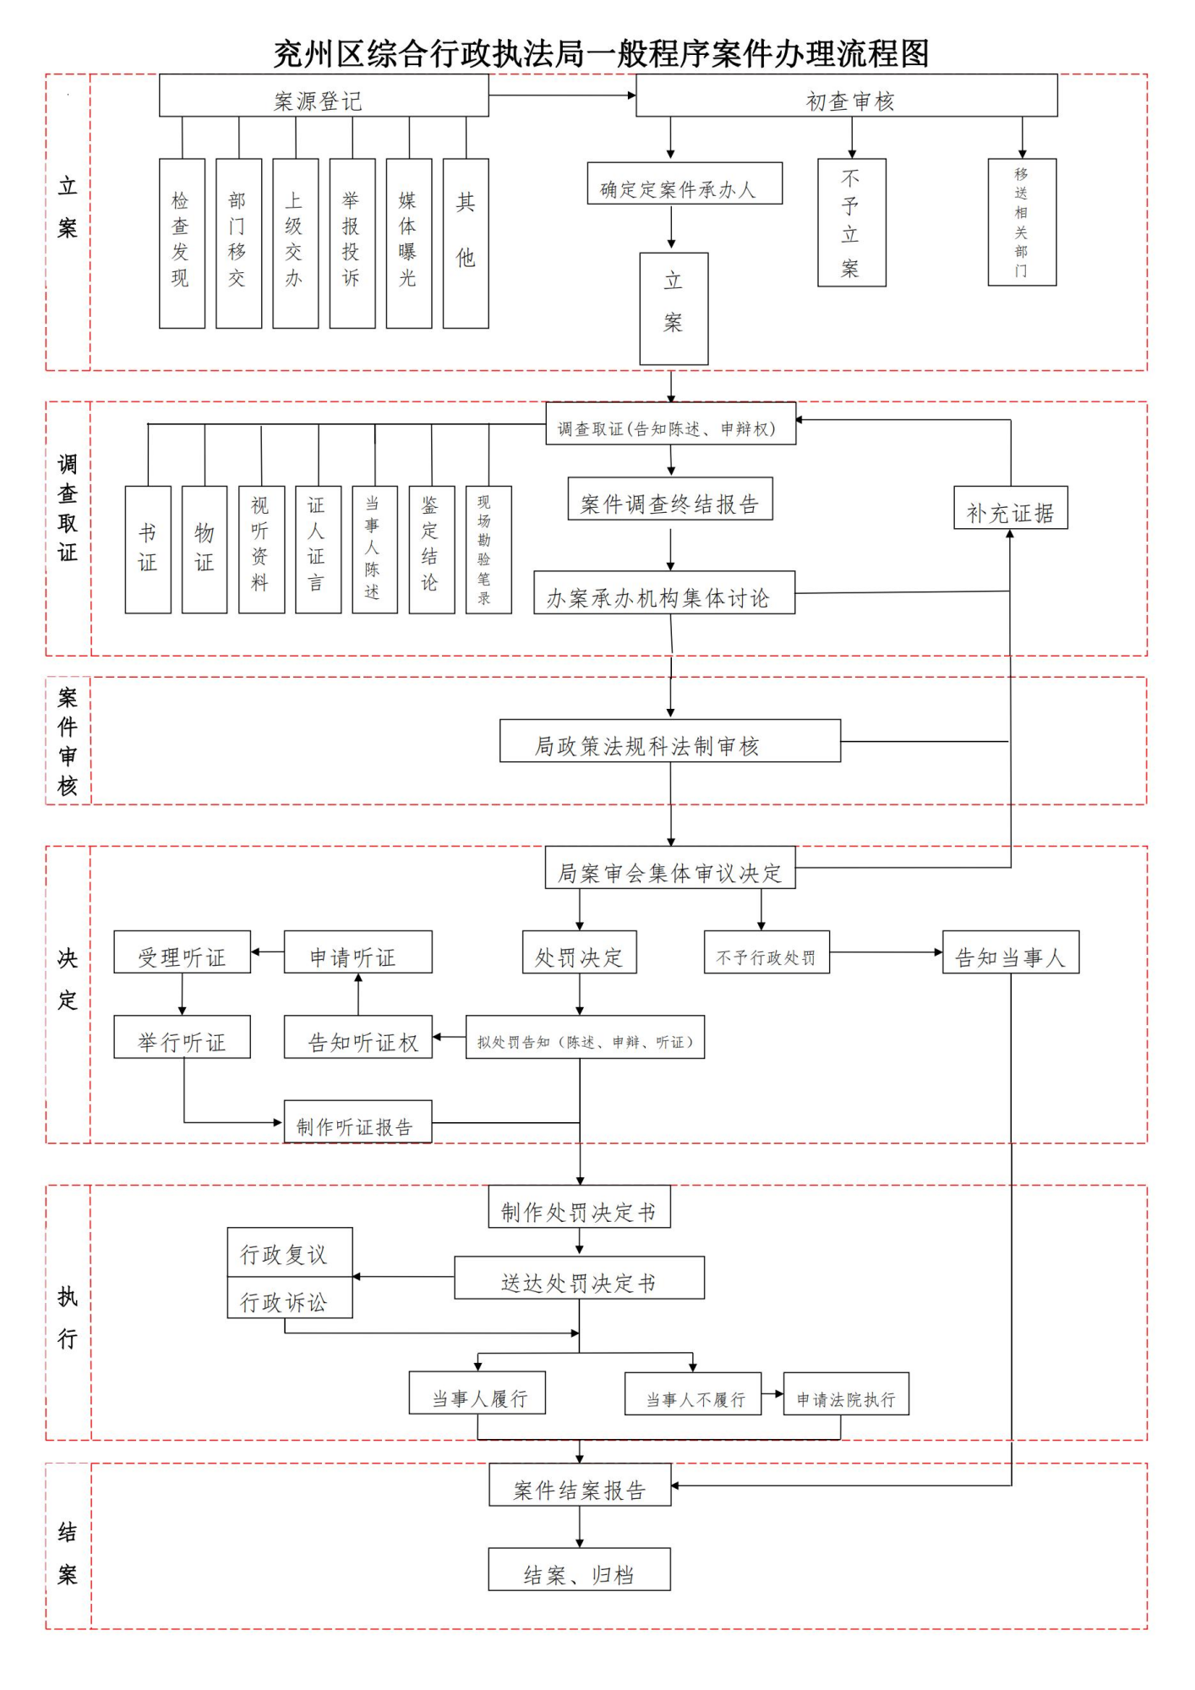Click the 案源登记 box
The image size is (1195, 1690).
(324, 95)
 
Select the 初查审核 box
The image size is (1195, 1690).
(846, 95)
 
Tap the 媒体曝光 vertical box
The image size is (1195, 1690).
(409, 243)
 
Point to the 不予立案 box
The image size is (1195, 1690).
(851, 223)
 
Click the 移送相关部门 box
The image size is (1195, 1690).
(1022, 222)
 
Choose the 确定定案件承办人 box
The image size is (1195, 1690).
(685, 183)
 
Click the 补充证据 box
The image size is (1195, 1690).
(1011, 508)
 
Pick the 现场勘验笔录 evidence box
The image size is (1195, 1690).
(488, 549)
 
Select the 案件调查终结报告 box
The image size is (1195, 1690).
(670, 499)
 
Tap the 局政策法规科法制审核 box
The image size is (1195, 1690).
(670, 741)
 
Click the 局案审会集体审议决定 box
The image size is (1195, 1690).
(670, 868)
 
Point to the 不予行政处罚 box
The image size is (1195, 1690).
(767, 952)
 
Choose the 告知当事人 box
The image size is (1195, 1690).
(1011, 952)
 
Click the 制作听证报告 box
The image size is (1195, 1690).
(357, 1122)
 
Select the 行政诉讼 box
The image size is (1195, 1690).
(290, 1299)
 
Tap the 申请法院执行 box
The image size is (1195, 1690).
(846, 1394)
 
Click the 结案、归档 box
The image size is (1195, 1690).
(579, 1570)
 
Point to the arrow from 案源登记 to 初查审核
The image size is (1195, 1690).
(562, 95)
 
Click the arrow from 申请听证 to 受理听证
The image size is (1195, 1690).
(267, 952)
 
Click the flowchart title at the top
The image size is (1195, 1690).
(601, 53)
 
